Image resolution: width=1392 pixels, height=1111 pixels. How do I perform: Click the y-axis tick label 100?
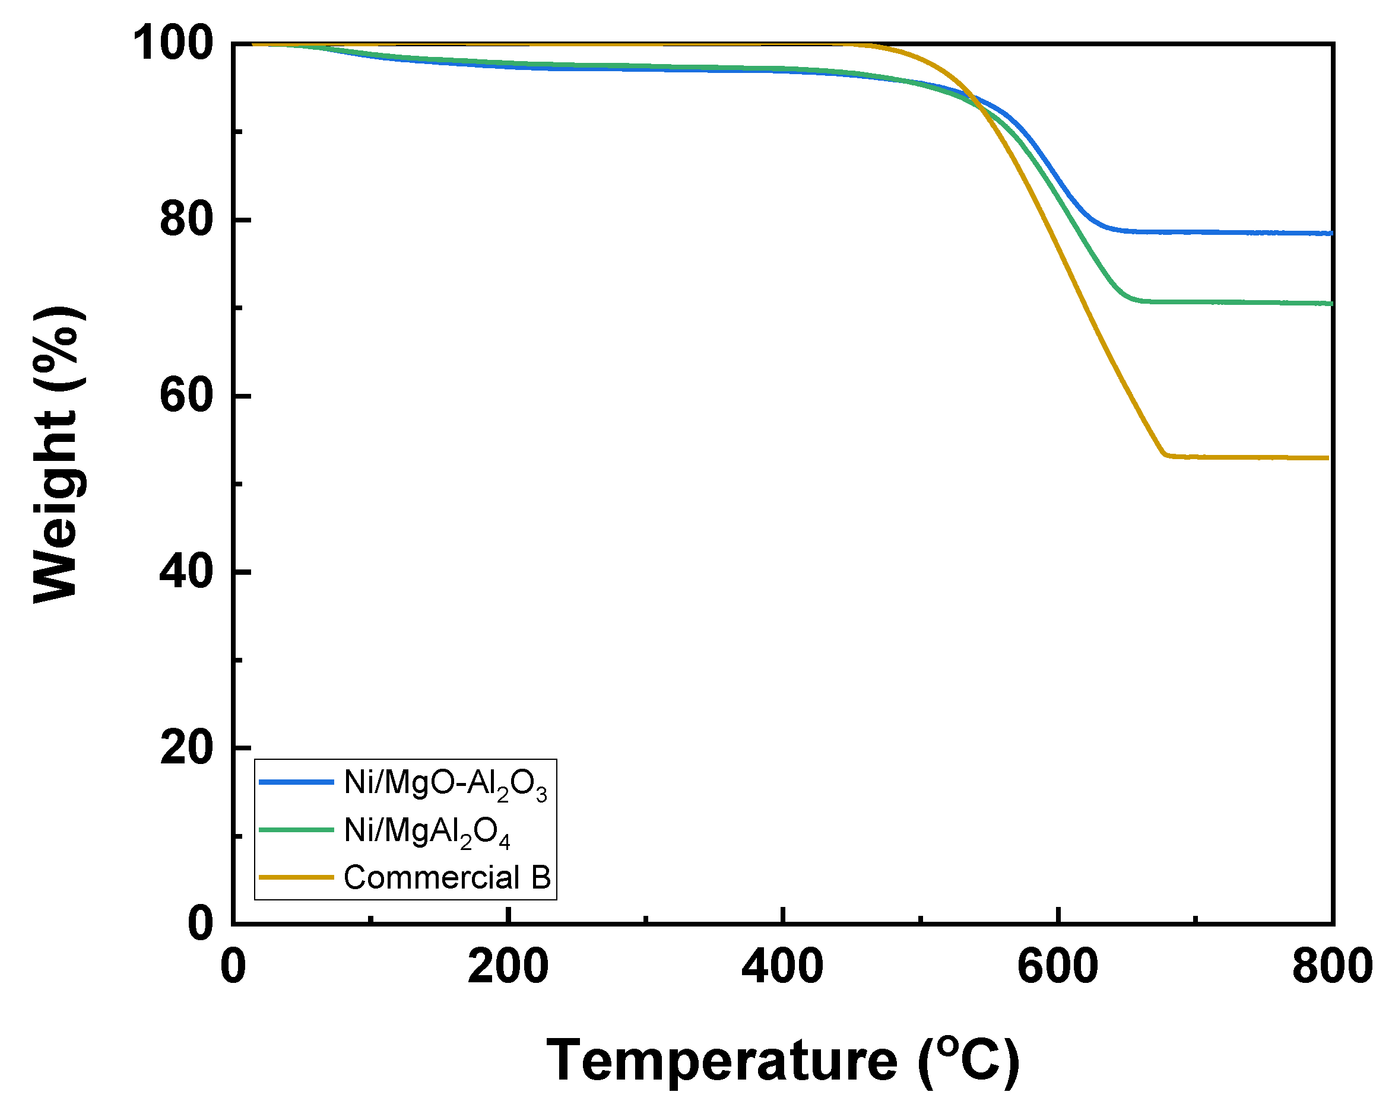pyautogui.click(x=172, y=44)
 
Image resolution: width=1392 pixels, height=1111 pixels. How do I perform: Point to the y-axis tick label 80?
pyautogui.click(x=186, y=219)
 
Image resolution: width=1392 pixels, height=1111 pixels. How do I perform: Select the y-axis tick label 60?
pyautogui.click(x=186, y=396)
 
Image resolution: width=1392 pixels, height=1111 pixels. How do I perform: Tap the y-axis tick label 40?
pyautogui.click(x=186, y=572)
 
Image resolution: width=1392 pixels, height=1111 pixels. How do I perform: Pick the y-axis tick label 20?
pyautogui.click(x=186, y=748)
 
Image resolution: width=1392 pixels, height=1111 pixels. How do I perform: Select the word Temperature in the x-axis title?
pyautogui.click(x=722, y=1061)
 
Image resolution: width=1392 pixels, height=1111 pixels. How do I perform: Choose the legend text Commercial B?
pyautogui.click(x=447, y=878)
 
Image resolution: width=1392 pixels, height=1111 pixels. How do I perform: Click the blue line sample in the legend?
pyautogui.click(x=296, y=782)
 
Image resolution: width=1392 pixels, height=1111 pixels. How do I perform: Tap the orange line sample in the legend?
pyautogui.click(x=296, y=877)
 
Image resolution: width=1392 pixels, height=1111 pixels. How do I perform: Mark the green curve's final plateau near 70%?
pyautogui.click(x=1227, y=302)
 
